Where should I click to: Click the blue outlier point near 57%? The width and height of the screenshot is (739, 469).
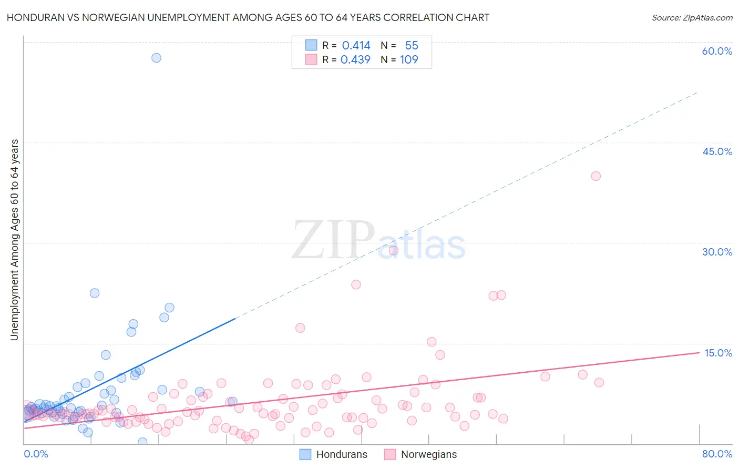(x=156, y=58)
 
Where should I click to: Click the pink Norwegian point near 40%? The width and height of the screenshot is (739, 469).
(x=596, y=176)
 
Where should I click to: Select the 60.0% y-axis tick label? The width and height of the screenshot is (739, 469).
(x=717, y=51)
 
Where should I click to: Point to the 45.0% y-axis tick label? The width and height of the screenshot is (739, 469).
(x=717, y=151)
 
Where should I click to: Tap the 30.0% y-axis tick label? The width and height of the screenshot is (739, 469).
(x=717, y=252)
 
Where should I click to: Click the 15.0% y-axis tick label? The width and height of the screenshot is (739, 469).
(x=718, y=353)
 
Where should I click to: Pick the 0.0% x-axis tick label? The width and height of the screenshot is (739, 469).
(x=36, y=454)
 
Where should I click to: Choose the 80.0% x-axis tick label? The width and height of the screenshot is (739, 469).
(x=717, y=454)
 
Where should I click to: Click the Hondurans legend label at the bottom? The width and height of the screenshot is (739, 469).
(x=342, y=455)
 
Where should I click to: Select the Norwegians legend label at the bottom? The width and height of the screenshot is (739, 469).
(x=429, y=455)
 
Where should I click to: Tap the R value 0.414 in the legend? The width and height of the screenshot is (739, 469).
(x=356, y=46)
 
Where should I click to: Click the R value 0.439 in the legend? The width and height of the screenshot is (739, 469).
(x=355, y=60)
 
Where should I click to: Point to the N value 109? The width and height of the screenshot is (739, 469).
(x=409, y=60)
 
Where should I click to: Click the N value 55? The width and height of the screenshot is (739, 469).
(x=412, y=46)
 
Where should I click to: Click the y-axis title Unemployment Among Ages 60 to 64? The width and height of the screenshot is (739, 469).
(x=14, y=240)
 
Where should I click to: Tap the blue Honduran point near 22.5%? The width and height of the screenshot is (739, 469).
(x=95, y=293)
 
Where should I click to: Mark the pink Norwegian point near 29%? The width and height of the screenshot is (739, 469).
(x=393, y=250)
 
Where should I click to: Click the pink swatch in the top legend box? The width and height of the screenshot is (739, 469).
(x=311, y=60)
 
